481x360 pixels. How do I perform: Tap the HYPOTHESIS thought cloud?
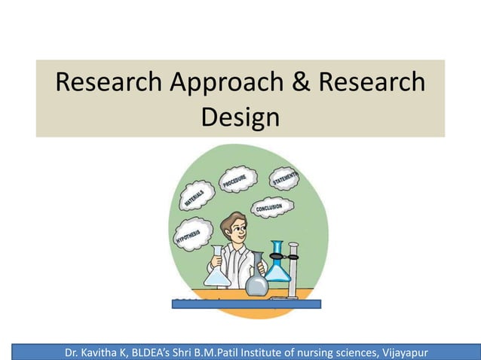[x=192, y=233]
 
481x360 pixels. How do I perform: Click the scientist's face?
[x=237, y=230]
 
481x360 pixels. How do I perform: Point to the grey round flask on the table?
[x=257, y=283]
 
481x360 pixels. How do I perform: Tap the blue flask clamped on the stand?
[x=277, y=264]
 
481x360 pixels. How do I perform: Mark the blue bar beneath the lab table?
[x=247, y=304]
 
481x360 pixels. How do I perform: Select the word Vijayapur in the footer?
[x=397, y=350]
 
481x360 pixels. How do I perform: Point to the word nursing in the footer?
[x=296, y=350]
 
